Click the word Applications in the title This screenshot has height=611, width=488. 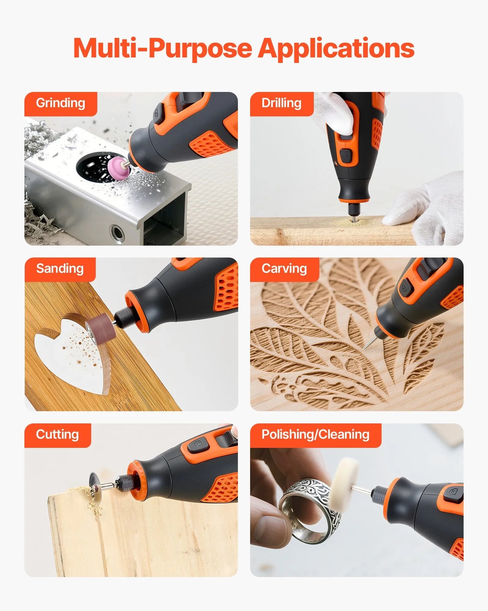[336, 49]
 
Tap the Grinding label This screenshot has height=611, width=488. [60, 103]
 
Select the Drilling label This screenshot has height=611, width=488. [281, 103]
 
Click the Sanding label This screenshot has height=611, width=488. [60, 269]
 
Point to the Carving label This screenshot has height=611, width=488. [284, 269]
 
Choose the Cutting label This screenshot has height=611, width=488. [57, 435]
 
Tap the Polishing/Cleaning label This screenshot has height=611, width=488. [315, 435]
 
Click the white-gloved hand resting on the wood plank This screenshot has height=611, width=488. [427, 208]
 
